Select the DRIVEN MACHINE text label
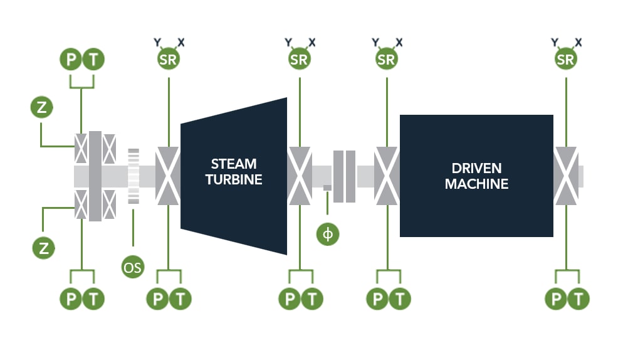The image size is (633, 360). coord(476,176)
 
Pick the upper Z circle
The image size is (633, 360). coord(41,107)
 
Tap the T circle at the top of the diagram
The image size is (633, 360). coord(93,60)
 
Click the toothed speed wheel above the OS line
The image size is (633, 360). coord(133,176)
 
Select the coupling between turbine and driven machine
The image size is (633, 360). coord(344,176)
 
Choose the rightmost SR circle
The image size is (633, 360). coord(565,60)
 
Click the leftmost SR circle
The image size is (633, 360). coord(168,60)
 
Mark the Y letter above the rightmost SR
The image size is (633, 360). coord(554,42)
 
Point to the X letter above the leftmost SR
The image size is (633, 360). coord(180,42)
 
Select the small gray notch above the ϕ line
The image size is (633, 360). coord(327,188)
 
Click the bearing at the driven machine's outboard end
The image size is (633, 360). coord(565,176)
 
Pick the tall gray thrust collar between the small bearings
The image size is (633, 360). coord(95,176)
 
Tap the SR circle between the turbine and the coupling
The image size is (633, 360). coord(299,60)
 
